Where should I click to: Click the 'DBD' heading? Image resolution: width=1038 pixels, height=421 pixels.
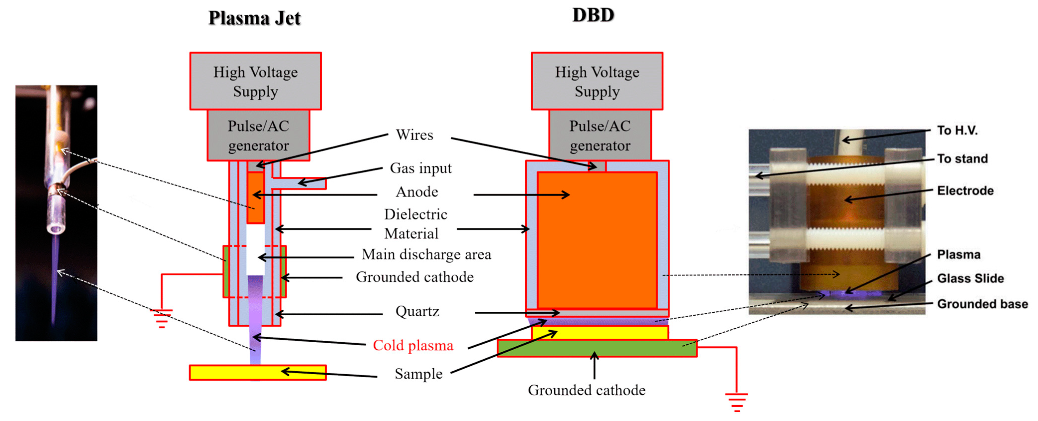click(593, 15)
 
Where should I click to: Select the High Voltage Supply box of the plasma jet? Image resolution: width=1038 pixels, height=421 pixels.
click(255, 81)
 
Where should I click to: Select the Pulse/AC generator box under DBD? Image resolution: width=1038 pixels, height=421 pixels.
click(600, 136)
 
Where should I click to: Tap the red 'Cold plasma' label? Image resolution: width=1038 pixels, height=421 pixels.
click(413, 345)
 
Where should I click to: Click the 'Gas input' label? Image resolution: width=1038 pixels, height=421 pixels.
click(421, 168)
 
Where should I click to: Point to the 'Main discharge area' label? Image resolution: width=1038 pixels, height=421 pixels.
click(426, 254)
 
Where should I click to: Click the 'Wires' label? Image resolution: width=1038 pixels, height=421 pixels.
click(414, 135)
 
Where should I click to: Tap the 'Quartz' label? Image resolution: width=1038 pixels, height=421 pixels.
click(417, 311)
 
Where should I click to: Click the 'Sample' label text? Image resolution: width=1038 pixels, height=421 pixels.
click(418, 374)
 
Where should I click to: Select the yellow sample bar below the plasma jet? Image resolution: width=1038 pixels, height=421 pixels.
click(226, 373)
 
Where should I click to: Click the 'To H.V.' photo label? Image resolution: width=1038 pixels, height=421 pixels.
click(957, 131)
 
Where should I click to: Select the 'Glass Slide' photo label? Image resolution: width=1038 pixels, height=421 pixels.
click(970, 278)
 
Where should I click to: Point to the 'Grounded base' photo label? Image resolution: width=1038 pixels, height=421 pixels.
click(982, 304)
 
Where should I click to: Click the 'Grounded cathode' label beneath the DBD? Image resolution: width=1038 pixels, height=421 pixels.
click(586, 390)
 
